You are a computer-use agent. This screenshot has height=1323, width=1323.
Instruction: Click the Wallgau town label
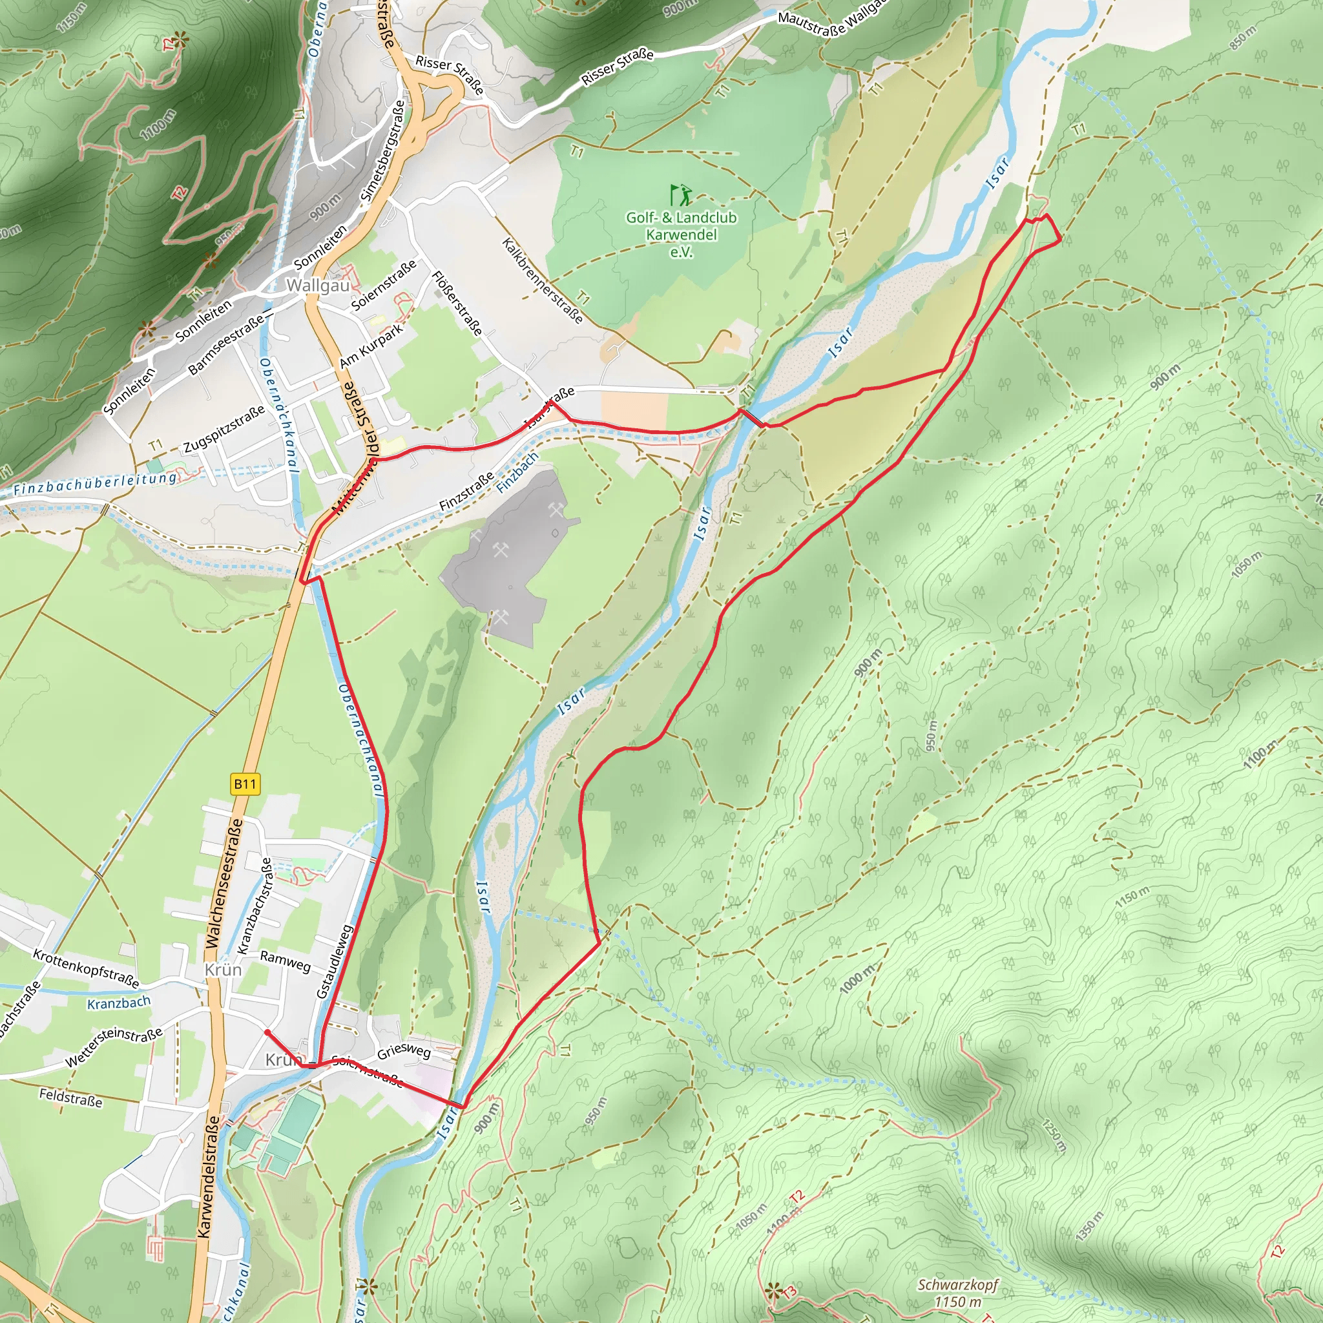318,285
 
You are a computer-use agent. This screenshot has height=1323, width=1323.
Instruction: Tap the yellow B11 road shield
245,784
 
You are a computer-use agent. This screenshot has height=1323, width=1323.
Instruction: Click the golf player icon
682,195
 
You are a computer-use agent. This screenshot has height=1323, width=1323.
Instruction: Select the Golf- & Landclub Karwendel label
682,234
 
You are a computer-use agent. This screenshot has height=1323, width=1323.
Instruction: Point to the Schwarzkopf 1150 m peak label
957,1293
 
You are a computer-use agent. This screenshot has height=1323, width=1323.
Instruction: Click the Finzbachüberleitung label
95,483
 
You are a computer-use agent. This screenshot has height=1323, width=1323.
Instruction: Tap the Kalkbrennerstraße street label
543,281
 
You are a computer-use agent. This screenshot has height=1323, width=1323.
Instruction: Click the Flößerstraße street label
457,304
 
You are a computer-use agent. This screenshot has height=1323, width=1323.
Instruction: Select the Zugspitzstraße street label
224,430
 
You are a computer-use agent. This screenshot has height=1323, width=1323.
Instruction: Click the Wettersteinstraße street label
114,1047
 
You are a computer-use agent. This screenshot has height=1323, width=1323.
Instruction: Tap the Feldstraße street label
70,1098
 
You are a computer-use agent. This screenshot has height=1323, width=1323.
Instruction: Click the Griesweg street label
404,1050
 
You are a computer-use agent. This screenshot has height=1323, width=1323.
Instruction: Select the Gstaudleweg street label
334,961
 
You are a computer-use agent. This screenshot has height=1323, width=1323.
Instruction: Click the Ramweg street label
286,961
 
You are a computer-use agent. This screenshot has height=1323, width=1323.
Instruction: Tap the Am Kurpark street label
371,346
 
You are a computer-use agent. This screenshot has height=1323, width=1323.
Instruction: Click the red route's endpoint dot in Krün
267,1032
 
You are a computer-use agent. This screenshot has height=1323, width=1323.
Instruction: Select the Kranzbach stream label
118,1003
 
